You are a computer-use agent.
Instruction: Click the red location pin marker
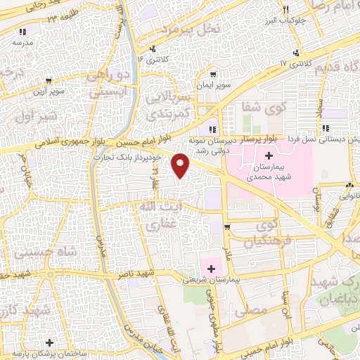click(181, 166)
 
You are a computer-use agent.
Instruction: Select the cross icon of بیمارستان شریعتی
click(212, 268)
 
